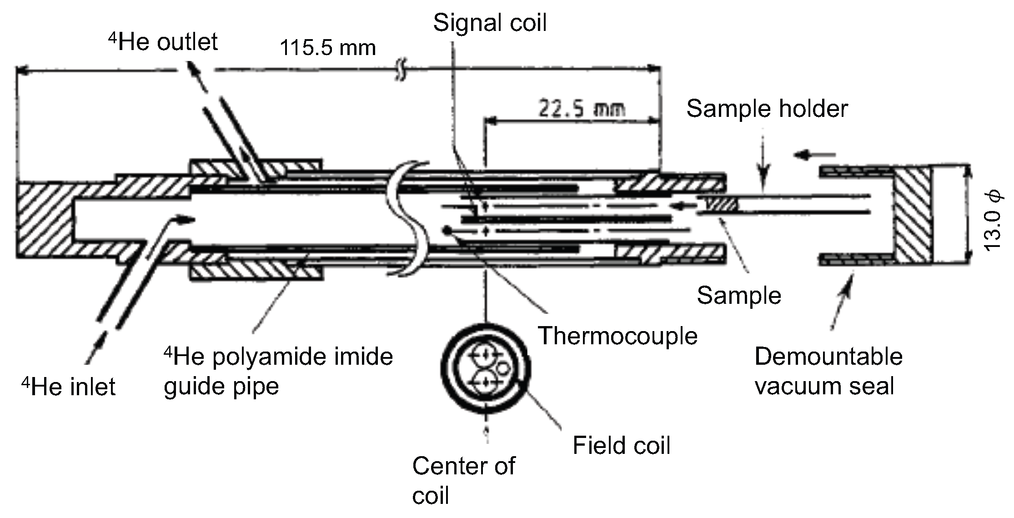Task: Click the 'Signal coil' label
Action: tap(490, 23)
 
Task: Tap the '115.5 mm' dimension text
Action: tap(328, 48)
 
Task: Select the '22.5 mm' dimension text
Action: tap(582, 109)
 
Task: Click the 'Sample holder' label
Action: tap(767, 109)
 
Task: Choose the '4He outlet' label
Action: tap(163, 42)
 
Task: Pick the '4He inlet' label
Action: tap(68, 387)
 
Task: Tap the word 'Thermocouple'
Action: tap(618, 336)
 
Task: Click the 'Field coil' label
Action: tap(622, 445)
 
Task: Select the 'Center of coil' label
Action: tap(464, 480)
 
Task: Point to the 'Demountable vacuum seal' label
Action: tap(828, 371)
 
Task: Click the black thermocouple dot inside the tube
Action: tap(448, 230)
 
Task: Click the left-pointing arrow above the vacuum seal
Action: tap(814, 156)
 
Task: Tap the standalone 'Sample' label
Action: tap(739, 295)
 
